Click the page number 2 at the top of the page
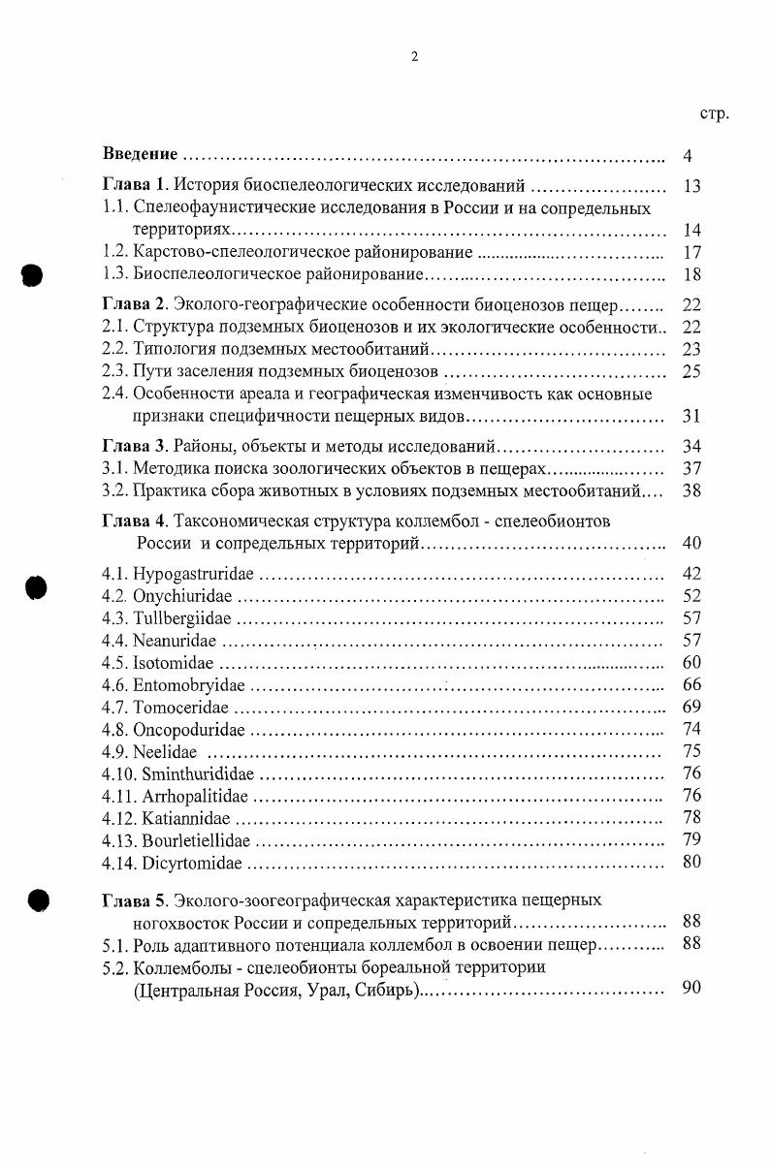tap(414, 56)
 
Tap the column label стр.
tap(713, 113)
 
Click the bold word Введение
tap(140, 155)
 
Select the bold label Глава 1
tap(136, 186)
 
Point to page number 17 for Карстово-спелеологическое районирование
tap(691, 252)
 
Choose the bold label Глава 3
tap(136, 447)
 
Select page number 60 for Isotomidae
tap(691, 663)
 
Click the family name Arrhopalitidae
tap(195, 796)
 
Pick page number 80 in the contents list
tap(691, 861)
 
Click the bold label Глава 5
tap(136, 900)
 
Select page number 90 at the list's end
tap(691, 989)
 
